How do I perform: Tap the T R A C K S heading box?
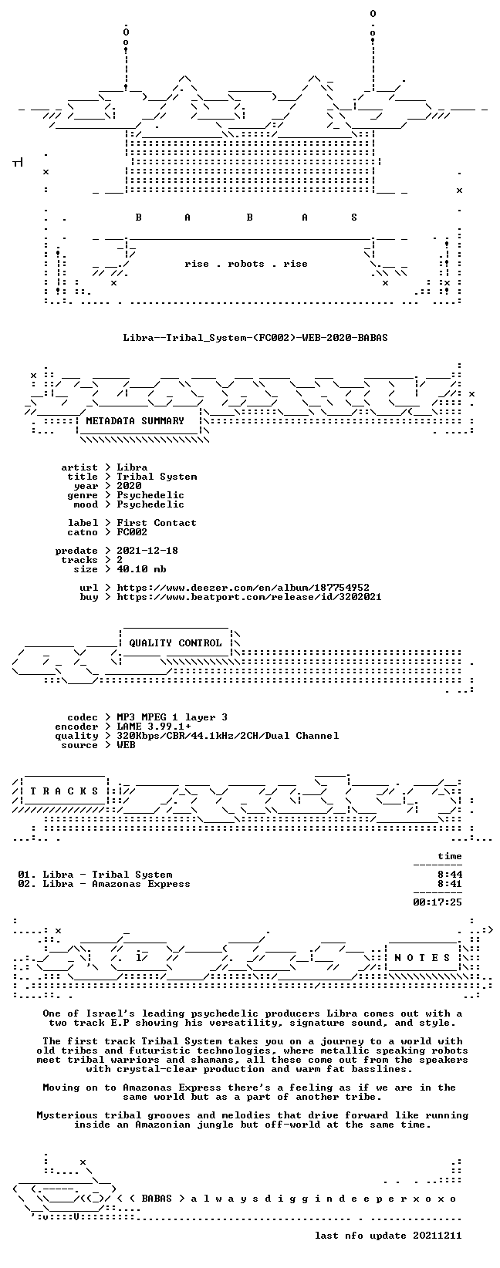[x=64, y=791]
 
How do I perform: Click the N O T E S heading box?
[x=422, y=957]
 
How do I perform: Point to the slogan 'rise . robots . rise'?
[x=245, y=264]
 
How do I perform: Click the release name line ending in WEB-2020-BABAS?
[x=255, y=338]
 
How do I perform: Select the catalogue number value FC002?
[x=132, y=532]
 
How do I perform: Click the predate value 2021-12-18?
[x=147, y=550]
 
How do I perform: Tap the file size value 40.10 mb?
[x=141, y=569]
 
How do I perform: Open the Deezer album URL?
[x=243, y=588]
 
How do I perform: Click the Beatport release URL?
[x=249, y=597]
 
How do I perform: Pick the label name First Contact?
[x=157, y=523]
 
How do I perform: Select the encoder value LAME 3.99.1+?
[x=154, y=727]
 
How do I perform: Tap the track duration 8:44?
[x=450, y=875]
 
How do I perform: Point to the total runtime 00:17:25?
[x=437, y=902]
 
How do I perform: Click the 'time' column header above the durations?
[x=450, y=856]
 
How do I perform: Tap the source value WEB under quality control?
[x=126, y=745]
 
